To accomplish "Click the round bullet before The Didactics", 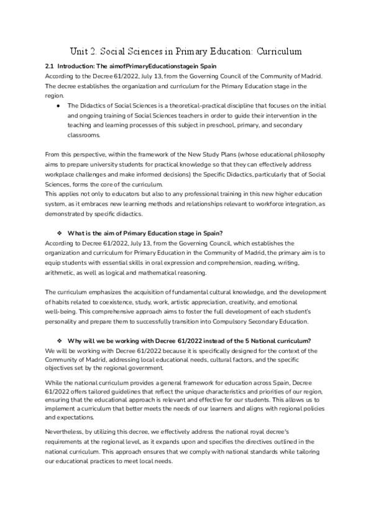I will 58,106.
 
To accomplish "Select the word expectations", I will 69,417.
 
